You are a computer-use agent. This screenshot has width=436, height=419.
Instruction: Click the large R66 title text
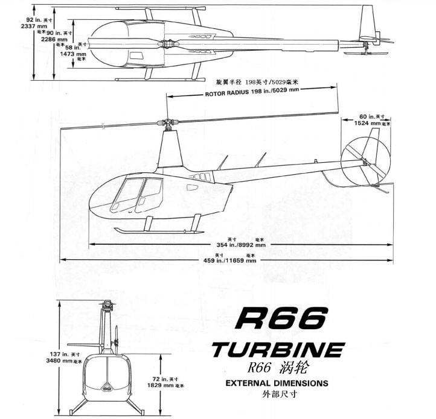point(283,318)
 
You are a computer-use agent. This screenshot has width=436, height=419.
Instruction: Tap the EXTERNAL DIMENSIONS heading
point(277,383)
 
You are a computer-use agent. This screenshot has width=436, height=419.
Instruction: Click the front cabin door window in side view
point(127,196)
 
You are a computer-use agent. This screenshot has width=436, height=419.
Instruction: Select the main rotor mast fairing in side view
point(170,151)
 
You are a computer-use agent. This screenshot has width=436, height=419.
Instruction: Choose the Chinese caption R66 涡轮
point(273,367)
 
